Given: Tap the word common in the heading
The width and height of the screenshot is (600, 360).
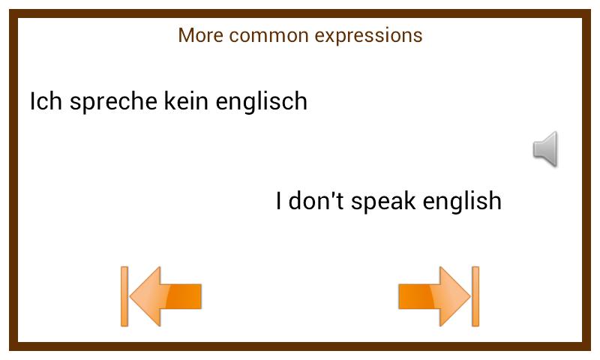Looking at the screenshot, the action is coord(268,35).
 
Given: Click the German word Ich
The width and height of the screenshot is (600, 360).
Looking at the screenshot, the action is coord(46,101).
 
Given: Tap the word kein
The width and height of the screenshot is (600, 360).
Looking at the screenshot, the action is coord(186,101).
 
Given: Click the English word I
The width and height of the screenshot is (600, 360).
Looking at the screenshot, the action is coord(278,201).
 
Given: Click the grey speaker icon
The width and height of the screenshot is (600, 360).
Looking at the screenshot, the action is coord(545,148).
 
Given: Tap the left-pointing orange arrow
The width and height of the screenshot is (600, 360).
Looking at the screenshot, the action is coord(165,296).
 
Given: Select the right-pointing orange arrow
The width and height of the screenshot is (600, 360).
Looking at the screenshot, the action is coord(434,296).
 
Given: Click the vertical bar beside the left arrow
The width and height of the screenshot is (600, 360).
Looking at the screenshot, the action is coord(124,296).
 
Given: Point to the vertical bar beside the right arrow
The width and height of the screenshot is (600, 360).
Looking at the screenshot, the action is coord(475,296).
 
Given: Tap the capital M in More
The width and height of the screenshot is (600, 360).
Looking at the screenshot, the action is coord(185,35).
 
